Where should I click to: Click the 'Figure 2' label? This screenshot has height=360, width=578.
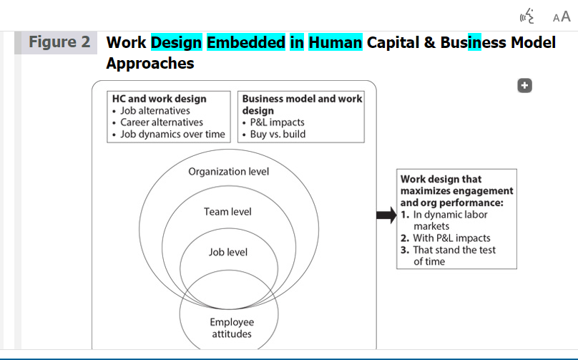59,42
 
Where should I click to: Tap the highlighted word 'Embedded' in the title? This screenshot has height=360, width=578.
246,42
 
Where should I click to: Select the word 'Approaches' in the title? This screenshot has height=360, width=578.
150,64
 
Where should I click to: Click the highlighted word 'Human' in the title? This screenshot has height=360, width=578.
335,42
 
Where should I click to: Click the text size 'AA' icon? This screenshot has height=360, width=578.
562,17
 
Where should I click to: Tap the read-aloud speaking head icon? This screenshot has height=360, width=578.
527,16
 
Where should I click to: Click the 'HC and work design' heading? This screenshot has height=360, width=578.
160,99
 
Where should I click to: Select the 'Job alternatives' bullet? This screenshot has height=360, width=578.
155,111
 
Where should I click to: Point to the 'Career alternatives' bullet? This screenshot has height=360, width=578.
162,122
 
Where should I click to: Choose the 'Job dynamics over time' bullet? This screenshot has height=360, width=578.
172,135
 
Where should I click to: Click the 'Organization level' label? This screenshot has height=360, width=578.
228,172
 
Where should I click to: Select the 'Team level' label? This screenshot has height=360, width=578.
227,212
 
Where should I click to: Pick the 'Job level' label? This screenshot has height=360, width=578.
228,253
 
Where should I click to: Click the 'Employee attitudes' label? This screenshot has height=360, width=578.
232,328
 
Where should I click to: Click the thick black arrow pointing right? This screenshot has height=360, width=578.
387,215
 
